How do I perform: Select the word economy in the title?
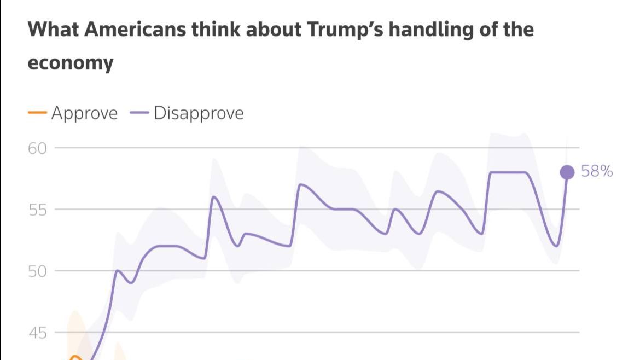(x=71, y=63)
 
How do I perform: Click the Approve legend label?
(x=84, y=113)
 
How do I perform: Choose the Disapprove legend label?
(x=199, y=113)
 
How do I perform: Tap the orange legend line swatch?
(x=37, y=113)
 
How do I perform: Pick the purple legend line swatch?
(x=140, y=113)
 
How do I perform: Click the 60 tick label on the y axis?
(x=38, y=148)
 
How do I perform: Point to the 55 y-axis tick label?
(x=38, y=210)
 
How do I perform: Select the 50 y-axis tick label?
(x=38, y=271)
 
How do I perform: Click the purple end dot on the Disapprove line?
(x=567, y=172)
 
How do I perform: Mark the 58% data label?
(x=597, y=172)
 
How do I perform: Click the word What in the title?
(x=52, y=30)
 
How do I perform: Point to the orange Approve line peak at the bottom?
(x=75, y=357)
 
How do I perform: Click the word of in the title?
(x=488, y=30)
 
